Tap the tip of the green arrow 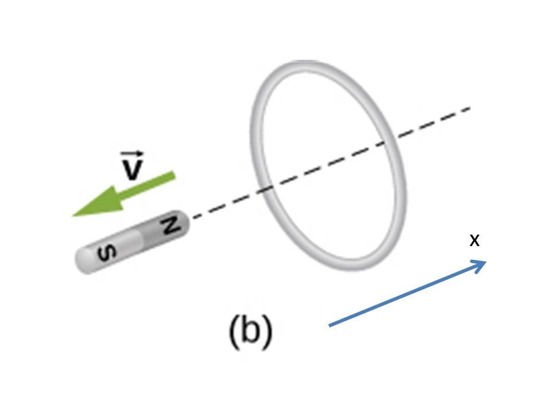(x=73, y=216)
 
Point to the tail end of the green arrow (x=173, y=176)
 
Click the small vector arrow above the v (x=132, y=154)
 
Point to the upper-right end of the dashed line (x=470, y=107)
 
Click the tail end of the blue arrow (x=329, y=326)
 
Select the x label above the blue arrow (x=474, y=240)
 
